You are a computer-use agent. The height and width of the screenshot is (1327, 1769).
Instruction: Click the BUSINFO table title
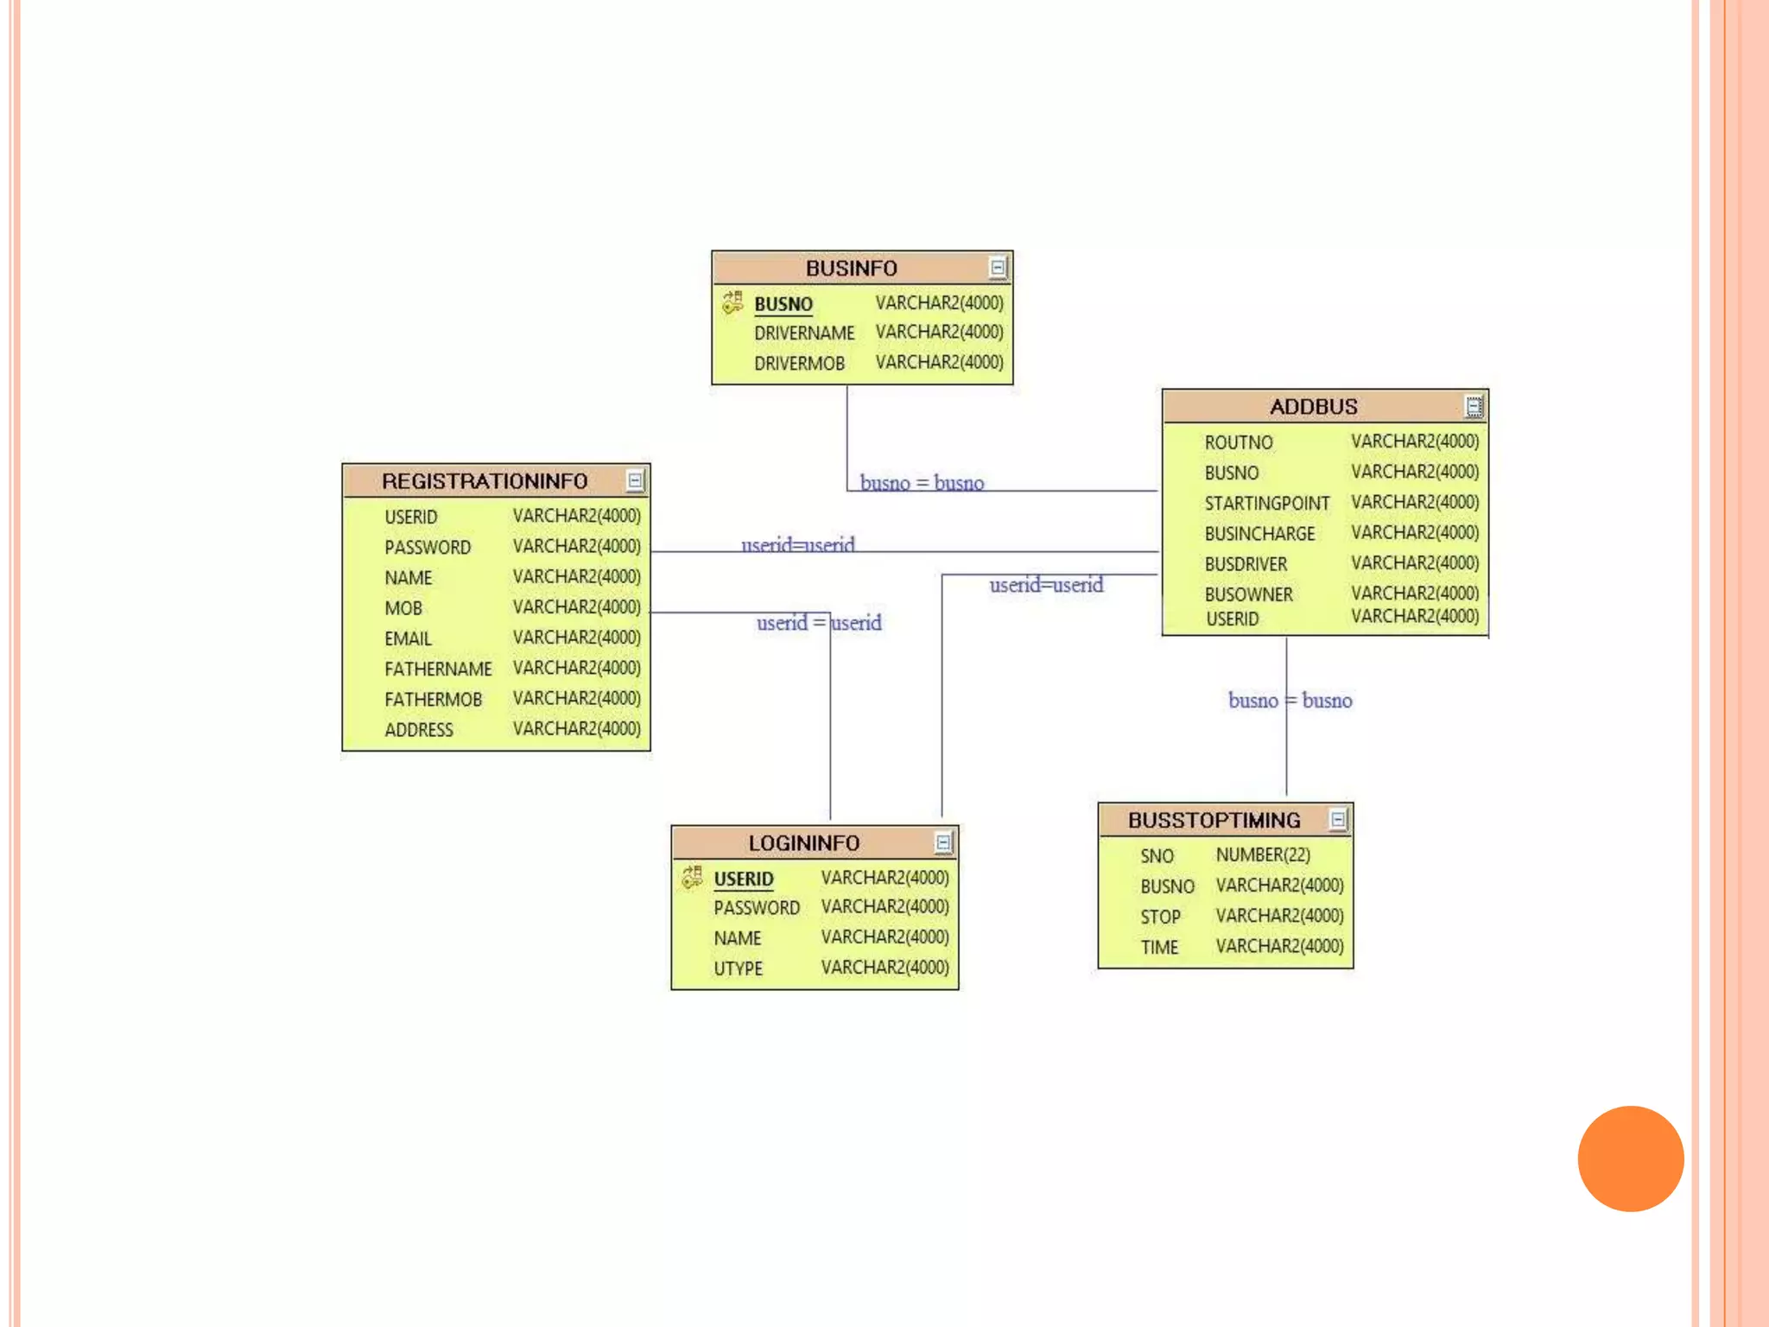[x=851, y=269]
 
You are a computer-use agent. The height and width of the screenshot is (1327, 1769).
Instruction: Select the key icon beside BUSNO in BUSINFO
[x=732, y=303]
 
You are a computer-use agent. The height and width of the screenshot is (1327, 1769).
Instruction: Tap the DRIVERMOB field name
[x=799, y=364]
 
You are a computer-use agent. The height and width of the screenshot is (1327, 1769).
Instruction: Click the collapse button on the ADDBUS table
[x=1474, y=406]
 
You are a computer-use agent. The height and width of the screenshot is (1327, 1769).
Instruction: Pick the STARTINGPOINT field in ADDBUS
[x=1266, y=504]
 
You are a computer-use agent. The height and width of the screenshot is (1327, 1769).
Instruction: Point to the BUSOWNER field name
[x=1248, y=594]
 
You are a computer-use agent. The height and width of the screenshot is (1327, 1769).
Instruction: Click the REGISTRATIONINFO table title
[x=484, y=481]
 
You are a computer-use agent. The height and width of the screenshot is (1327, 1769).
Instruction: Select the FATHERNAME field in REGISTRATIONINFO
[x=438, y=669]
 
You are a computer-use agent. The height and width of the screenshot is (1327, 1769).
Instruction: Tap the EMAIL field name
[x=408, y=638]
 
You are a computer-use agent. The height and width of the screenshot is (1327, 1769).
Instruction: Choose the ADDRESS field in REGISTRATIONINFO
[x=418, y=730]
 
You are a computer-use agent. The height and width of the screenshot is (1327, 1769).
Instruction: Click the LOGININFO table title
[x=803, y=843]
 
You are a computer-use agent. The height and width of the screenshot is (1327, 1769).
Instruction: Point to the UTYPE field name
[x=738, y=968]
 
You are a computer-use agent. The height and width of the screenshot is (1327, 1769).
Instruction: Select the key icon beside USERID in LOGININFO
[x=692, y=878]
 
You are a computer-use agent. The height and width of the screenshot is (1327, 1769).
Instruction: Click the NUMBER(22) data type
[x=1263, y=855]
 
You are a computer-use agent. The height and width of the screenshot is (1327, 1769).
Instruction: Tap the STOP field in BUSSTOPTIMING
[x=1159, y=917]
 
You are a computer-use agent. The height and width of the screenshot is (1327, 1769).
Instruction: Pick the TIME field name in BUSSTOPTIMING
[x=1158, y=947]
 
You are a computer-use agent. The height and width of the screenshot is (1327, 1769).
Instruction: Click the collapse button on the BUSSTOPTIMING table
[x=1338, y=819]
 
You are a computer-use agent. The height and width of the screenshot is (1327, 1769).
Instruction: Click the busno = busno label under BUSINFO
[x=922, y=483]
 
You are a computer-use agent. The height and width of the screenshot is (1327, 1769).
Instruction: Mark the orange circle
[x=1630, y=1159]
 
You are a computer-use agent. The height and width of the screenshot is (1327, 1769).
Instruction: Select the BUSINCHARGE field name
[x=1259, y=534]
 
